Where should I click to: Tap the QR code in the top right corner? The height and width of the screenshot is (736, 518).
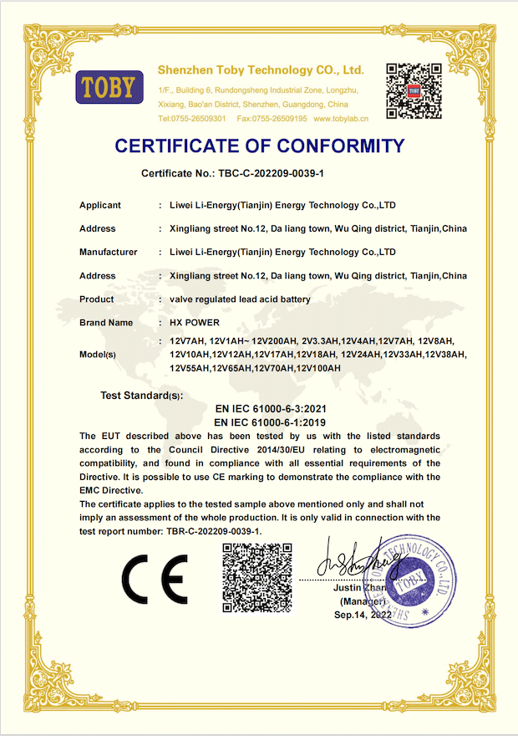coord(413,91)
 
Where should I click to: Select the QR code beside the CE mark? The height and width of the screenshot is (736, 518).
coord(256,577)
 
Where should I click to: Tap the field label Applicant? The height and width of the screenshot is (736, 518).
coord(100,205)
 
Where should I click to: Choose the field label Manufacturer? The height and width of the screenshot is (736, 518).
coord(109,252)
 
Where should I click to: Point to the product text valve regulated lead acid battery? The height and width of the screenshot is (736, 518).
coord(240,299)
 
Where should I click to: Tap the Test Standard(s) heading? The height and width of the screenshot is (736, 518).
coord(141,395)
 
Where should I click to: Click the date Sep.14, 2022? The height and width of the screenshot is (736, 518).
coord(363,615)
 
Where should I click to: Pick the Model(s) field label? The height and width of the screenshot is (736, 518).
coord(98,354)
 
